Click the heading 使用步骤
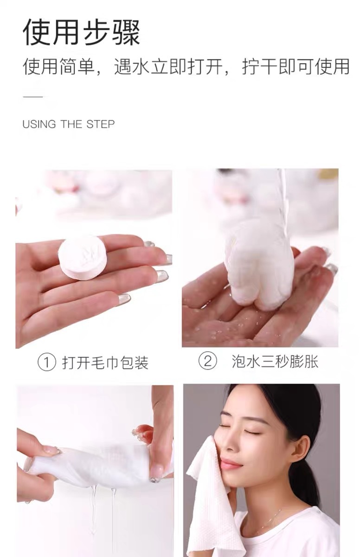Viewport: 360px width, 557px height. pos(81,32)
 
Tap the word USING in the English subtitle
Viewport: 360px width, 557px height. pos(39,124)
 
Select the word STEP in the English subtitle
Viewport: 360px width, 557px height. pos(100,124)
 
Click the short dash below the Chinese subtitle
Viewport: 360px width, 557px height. pos(33,97)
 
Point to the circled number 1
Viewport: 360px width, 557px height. pos(46,363)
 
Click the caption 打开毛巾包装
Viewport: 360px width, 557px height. pos(105,363)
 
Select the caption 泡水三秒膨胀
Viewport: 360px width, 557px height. pos(275,361)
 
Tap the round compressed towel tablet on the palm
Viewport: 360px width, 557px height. pos(83,257)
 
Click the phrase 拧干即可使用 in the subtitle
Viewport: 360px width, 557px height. pos(296,67)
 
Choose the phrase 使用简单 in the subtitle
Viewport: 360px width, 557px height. pos(59,67)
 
